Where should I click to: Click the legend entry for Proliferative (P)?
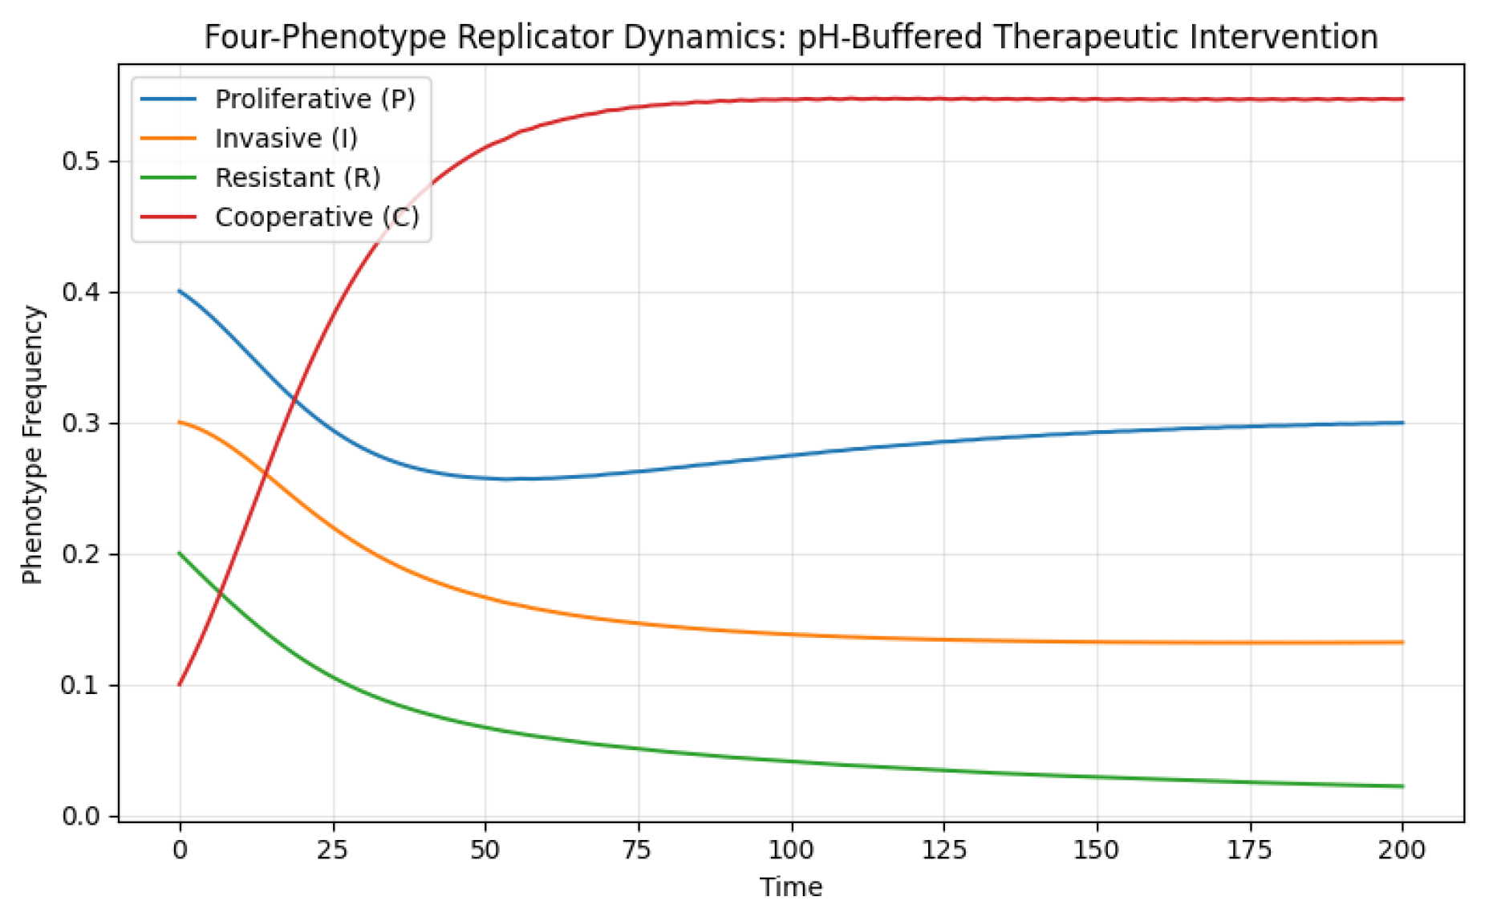coord(314,99)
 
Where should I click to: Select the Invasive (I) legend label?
coord(286,139)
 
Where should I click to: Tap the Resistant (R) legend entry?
coord(297,177)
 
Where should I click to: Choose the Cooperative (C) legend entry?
coord(316,217)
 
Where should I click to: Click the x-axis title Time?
coord(791,887)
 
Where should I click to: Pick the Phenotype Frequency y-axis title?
coord(32,444)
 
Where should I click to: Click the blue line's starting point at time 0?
coord(180,291)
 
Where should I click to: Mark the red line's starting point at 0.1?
coord(180,684)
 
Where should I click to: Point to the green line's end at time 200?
coord(1402,786)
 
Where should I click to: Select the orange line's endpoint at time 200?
coord(1402,642)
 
